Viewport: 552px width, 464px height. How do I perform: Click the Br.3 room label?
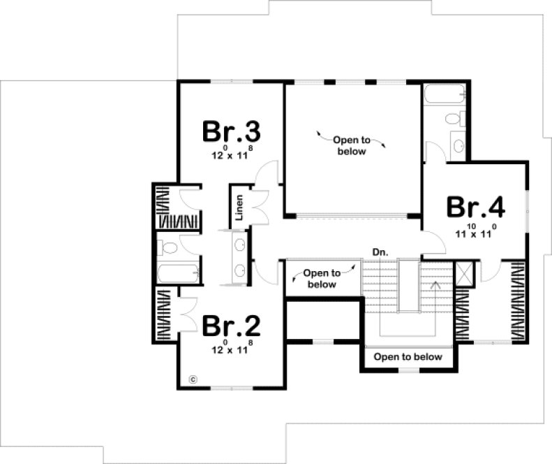[231, 132]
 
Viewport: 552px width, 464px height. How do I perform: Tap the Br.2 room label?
[231, 326]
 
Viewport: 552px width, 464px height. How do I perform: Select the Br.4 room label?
[475, 208]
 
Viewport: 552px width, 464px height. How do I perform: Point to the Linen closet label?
[239, 208]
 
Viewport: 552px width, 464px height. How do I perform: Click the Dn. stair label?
[380, 252]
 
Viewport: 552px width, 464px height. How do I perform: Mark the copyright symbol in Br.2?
[193, 379]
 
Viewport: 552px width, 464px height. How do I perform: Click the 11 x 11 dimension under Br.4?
[475, 231]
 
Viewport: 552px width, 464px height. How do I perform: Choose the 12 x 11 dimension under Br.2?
[231, 349]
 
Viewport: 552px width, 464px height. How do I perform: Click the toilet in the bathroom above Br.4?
[455, 119]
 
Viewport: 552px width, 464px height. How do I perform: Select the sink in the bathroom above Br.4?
[458, 145]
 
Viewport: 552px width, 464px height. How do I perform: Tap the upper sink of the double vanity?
[240, 245]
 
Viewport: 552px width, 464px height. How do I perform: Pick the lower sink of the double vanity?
[240, 270]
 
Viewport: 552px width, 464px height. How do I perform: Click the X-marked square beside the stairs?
[464, 270]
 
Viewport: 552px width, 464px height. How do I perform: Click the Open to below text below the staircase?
[408, 357]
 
